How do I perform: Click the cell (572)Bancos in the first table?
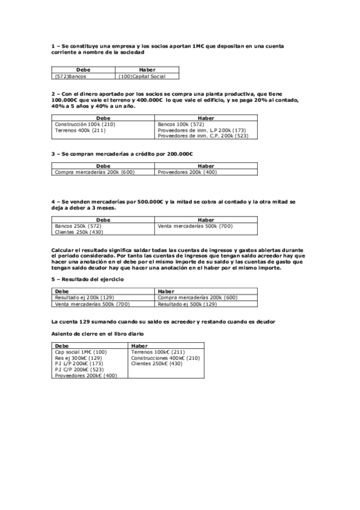(x=69, y=76)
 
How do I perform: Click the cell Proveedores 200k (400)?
(x=187, y=173)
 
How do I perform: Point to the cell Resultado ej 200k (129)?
(x=84, y=297)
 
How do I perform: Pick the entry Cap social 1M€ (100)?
(x=81, y=352)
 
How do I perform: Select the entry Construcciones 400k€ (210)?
(x=165, y=358)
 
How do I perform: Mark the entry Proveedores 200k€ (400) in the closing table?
(x=85, y=375)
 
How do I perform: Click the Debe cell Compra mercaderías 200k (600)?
(x=94, y=173)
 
